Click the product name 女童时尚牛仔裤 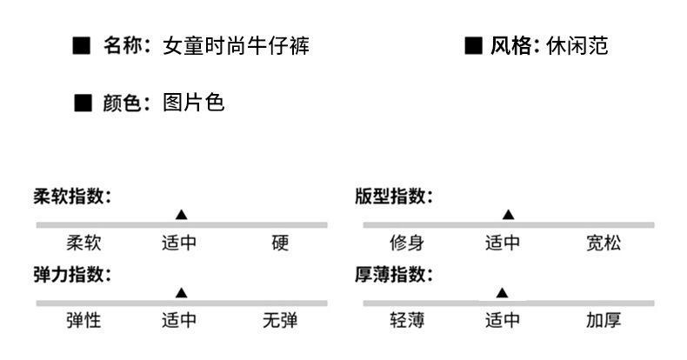[236, 46]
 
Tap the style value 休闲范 [577, 46]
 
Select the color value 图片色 [193, 103]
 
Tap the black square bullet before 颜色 [83, 104]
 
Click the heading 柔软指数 [73, 197]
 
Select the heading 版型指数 [394, 197]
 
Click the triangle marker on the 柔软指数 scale [181, 215]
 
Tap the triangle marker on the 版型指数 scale [508, 215]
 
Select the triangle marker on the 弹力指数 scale [181, 293]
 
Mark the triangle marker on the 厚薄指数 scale [502, 293]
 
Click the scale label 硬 [279, 243]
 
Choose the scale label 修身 [406, 243]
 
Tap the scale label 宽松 [603, 243]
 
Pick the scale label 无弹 [279, 321]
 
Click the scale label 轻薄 [406, 321]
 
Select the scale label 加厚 [603, 321]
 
